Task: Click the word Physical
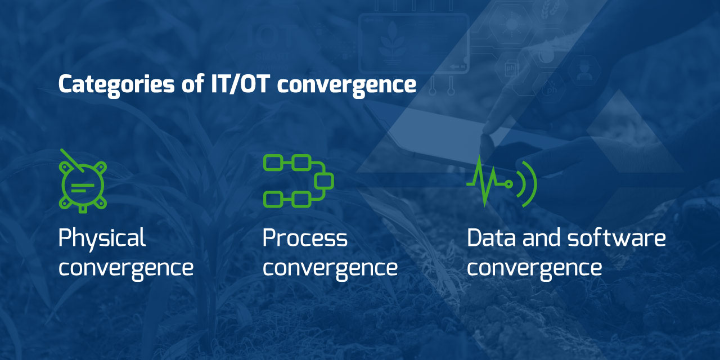pos(102,239)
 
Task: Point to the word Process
pos(305,239)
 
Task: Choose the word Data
pos(491,238)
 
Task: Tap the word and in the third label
pos(542,238)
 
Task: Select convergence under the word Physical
pos(126,268)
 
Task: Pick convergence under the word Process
pos(330,268)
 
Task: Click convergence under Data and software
pos(534,268)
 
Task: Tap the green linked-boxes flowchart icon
pos(298,181)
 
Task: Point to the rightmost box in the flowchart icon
pos(324,181)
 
